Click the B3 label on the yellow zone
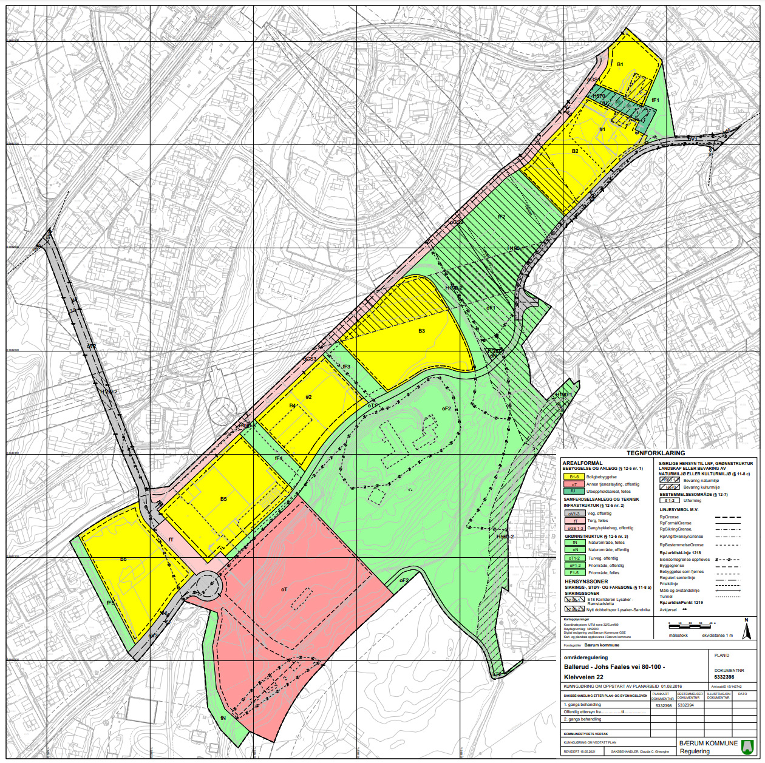tap(421, 331)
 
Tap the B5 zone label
tap(223, 499)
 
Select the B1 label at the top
tap(620, 64)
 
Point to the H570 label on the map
tap(599, 96)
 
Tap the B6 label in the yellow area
tap(123, 559)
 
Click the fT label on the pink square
tap(171, 540)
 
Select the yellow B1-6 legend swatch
tap(574, 477)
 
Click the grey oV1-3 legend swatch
tap(574, 514)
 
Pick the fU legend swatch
tap(574, 491)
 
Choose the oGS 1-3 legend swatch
tap(574, 528)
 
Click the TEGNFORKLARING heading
tap(656, 453)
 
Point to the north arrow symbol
tap(747, 630)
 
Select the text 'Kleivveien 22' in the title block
tap(583, 677)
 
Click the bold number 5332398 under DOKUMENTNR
tap(724, 677)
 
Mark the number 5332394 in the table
tap(685, 705)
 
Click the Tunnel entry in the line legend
tap(666, 596)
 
